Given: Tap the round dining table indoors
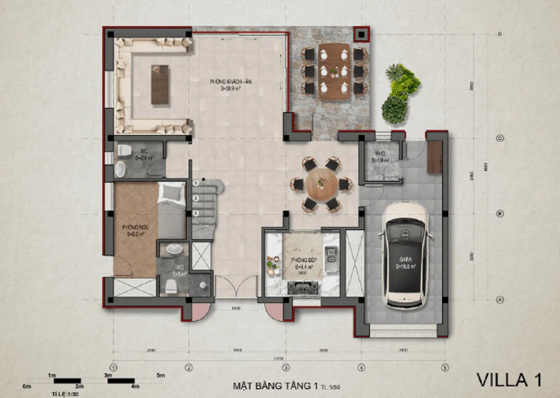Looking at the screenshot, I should click(x=321, y=184).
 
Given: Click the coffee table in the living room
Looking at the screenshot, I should click(x=160, y=85).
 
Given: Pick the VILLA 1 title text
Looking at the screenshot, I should click(x=509, y=380).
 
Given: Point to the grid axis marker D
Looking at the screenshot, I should click(x=500, y=35).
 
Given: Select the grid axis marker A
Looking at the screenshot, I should click(x=500, y=300).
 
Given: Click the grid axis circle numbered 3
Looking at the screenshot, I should click(x=286, y=367).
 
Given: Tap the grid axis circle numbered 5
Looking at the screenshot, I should click(x=444, y=367).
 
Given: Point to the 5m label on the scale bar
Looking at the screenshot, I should click(x=161, y=375).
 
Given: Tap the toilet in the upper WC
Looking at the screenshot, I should click(x=125, y=150).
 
